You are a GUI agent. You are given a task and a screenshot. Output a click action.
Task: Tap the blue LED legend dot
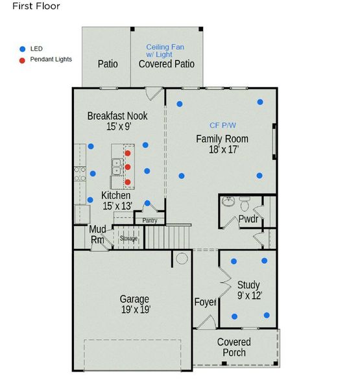click(x=22, y=49)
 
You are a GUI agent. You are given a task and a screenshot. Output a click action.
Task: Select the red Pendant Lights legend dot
click(x=22, y=60)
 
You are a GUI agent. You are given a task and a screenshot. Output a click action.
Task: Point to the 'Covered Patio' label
click(x=167, y=64)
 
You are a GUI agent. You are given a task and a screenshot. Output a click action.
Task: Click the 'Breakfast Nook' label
click(x=117, y=116)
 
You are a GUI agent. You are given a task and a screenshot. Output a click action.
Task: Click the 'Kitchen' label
click(x=116, y=195)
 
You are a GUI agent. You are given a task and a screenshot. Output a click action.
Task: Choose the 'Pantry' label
click(x=150, y=220)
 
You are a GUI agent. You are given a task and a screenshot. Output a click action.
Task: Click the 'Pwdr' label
click(x=248, y=218)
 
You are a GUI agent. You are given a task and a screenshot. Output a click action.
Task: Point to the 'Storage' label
click(x=128, y=239)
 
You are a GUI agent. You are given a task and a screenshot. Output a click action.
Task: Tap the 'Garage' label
click(x=134, y=299)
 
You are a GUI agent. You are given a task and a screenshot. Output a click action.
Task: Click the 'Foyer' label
click(x=206, y=302)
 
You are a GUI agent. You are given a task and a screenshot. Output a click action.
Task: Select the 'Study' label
click(x=248, y=285)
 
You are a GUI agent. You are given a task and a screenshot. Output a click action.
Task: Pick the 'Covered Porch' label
click(x=234, y=347)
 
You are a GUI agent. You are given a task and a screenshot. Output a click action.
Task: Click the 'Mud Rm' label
click(x=97, y=235)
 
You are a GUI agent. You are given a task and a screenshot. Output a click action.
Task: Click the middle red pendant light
click(x=128, y=167)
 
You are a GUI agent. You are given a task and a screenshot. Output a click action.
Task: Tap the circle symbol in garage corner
click(x=182, y=259)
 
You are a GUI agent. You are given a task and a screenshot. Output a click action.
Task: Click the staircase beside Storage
click(x=167, y=237)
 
